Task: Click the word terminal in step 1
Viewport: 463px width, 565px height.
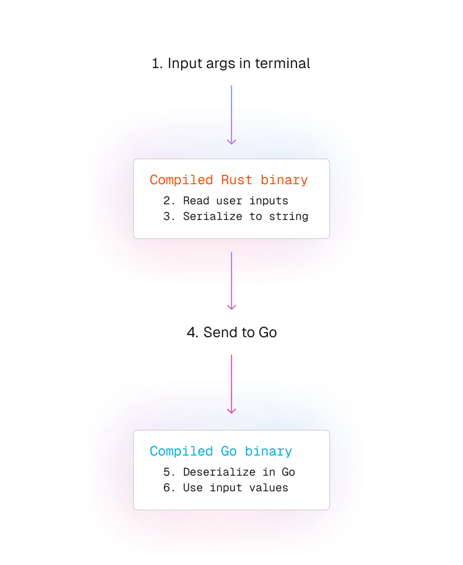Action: [282, 64]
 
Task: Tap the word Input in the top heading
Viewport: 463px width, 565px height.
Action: [185, 64]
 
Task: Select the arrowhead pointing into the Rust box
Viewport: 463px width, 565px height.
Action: [232, 142]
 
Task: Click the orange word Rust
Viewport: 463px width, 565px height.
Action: [237, 180]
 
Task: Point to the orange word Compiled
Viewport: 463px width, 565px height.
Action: [181, 180]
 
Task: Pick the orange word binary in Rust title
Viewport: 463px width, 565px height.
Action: [284, 180]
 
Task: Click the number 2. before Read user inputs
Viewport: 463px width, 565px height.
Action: [169, 200]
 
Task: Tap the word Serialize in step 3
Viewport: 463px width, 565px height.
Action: [212, 216]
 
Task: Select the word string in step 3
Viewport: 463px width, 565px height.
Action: [289, 217]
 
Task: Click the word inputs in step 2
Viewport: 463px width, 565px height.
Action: [268, 201]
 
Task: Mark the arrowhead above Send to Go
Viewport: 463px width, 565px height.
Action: [232, 307]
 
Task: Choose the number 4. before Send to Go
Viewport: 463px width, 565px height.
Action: [193, 332]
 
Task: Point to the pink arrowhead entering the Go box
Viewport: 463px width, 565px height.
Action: [232, 411]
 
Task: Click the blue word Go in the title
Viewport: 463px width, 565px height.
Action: [229, 451]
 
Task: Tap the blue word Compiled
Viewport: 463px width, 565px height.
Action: [181, 452]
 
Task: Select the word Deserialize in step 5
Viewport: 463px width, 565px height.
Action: [219, 472]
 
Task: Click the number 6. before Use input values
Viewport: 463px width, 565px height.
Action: [169, 487]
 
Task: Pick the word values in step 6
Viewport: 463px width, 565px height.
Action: [268, 488]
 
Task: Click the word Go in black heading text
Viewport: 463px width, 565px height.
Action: [268, 332]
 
